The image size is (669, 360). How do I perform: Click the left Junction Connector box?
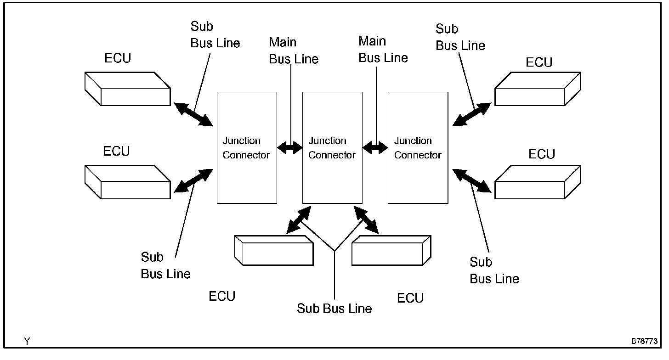(x=247, y=147)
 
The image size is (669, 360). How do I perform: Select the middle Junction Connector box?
(x=332, y=147)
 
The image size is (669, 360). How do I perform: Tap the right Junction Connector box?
(x=418, y=147)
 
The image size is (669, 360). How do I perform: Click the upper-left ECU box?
(x=128, y=89)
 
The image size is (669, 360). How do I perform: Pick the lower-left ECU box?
(x=128, y=182)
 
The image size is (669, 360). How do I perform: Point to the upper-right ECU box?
(x=538, y=90)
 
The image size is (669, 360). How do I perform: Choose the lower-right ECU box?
(x=538, y=182)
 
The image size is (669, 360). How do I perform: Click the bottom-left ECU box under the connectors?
(x=274, y=250)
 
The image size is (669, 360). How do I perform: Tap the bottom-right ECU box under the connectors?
(x=391, y=250)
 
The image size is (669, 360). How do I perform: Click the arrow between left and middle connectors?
(x=289, y=147)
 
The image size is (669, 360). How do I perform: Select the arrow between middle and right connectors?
(x=375, y=147)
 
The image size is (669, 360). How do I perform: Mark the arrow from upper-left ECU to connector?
(x=193, y=114)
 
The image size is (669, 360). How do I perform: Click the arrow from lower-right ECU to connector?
(x=471, y=180)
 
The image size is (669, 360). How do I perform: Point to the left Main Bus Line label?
(x=294, y=51)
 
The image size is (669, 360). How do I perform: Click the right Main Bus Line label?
(x=383, y=50)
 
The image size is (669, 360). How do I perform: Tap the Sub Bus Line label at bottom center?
(x=334, y=308)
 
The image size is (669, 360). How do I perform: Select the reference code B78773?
(x=644, y=342)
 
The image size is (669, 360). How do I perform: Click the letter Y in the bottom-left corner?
(x=27, y=342)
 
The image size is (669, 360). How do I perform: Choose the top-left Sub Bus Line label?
(x=215, y=35)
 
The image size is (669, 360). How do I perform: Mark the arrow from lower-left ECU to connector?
(x=194, y=180)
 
